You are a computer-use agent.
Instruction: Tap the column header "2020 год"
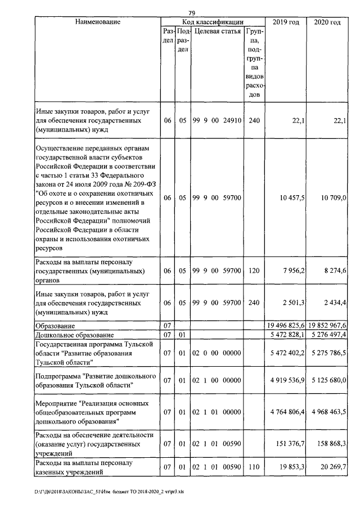pos(327,22)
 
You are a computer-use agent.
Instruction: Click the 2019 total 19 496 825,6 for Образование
pos(285,326)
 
